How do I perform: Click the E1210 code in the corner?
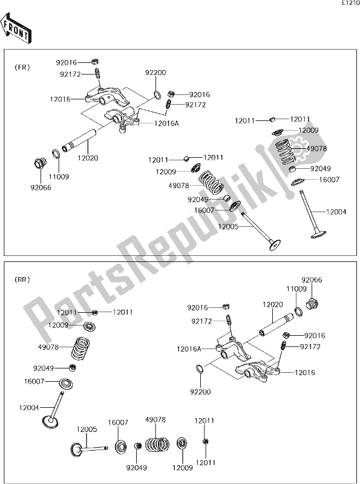350,3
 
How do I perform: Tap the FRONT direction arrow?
16,28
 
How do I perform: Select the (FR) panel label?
22,67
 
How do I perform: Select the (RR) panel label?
22,280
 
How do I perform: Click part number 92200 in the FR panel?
155,73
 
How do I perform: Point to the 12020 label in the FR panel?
88,158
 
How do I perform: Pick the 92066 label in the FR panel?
41,188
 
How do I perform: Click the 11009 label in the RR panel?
296,289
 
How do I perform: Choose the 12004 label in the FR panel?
336,212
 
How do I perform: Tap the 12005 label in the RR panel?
87,429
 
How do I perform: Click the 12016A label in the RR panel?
189,349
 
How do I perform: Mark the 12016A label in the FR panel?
167,123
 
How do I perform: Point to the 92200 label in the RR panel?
200,391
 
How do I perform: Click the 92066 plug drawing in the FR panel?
39,163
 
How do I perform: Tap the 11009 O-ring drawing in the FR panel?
56,154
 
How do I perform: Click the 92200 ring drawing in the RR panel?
200,368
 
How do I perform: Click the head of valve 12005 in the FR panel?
275,244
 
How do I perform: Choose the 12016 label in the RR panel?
305,373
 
